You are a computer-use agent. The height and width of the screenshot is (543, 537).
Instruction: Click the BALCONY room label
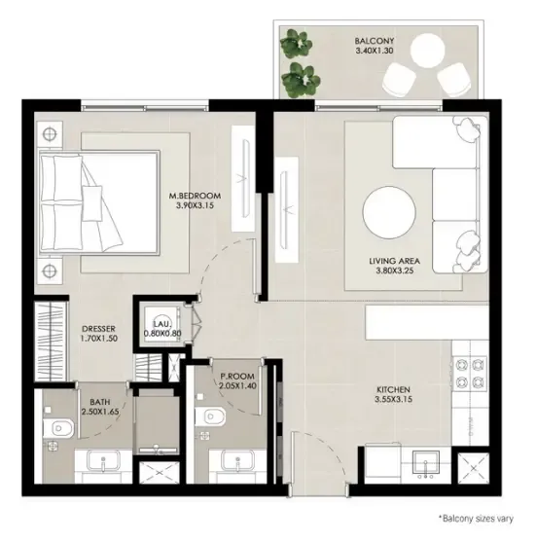374,41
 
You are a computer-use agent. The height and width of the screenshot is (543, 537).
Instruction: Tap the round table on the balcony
427,51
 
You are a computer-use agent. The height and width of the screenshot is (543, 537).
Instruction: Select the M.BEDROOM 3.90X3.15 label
195,200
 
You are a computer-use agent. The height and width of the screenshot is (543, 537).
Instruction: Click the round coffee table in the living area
389,212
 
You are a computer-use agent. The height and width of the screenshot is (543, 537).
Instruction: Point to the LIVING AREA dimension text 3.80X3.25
395,271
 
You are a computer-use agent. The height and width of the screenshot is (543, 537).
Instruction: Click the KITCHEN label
393,389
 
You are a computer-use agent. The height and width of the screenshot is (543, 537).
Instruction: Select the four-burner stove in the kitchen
470,373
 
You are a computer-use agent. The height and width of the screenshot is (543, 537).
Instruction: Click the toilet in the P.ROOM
210,416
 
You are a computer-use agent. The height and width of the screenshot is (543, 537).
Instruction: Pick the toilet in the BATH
58,428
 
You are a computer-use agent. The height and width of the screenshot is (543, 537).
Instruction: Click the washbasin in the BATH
103,460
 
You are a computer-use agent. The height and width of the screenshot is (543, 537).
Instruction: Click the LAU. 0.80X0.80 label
162,329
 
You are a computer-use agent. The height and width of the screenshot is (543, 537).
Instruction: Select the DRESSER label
98,329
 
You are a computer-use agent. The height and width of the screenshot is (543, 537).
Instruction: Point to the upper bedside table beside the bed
50,134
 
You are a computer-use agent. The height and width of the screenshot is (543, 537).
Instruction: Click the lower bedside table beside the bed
50,271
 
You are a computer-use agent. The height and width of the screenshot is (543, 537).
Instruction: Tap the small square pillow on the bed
92,203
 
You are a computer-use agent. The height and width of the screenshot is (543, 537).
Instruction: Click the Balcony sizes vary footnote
476,519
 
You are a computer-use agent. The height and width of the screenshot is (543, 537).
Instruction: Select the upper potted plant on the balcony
296,43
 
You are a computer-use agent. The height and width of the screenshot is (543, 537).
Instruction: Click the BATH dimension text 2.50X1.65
100,412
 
